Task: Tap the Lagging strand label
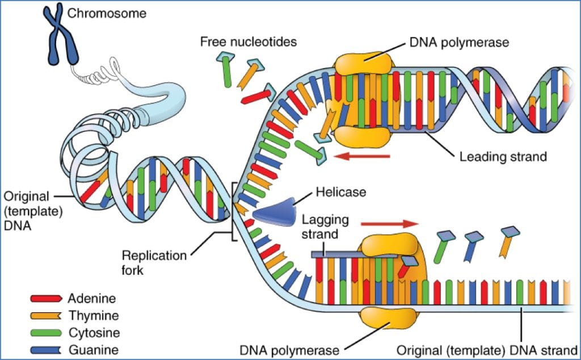coord(325,227)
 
